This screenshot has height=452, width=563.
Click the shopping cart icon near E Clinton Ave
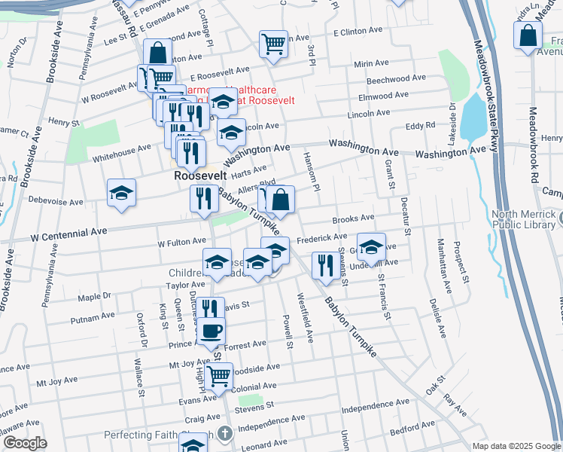pyautogui.click(x=272, y=42)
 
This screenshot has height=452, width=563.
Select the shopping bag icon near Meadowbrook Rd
pyautogui.click(x=529, y=35)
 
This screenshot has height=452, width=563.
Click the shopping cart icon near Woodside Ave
pyautogui.click(x=218, y=374)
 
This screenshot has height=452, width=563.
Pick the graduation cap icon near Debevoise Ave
pyautogui.click(x=121, y=193)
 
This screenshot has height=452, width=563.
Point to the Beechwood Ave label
pyautogui.click(x=395, y=78)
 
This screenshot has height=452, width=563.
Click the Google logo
pyautogui.click(x=24, y=443)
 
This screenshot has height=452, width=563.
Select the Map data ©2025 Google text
pyautogui.click(x=516, y=446)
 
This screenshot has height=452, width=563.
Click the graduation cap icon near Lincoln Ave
pyautogui.click(x=231, y=133)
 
